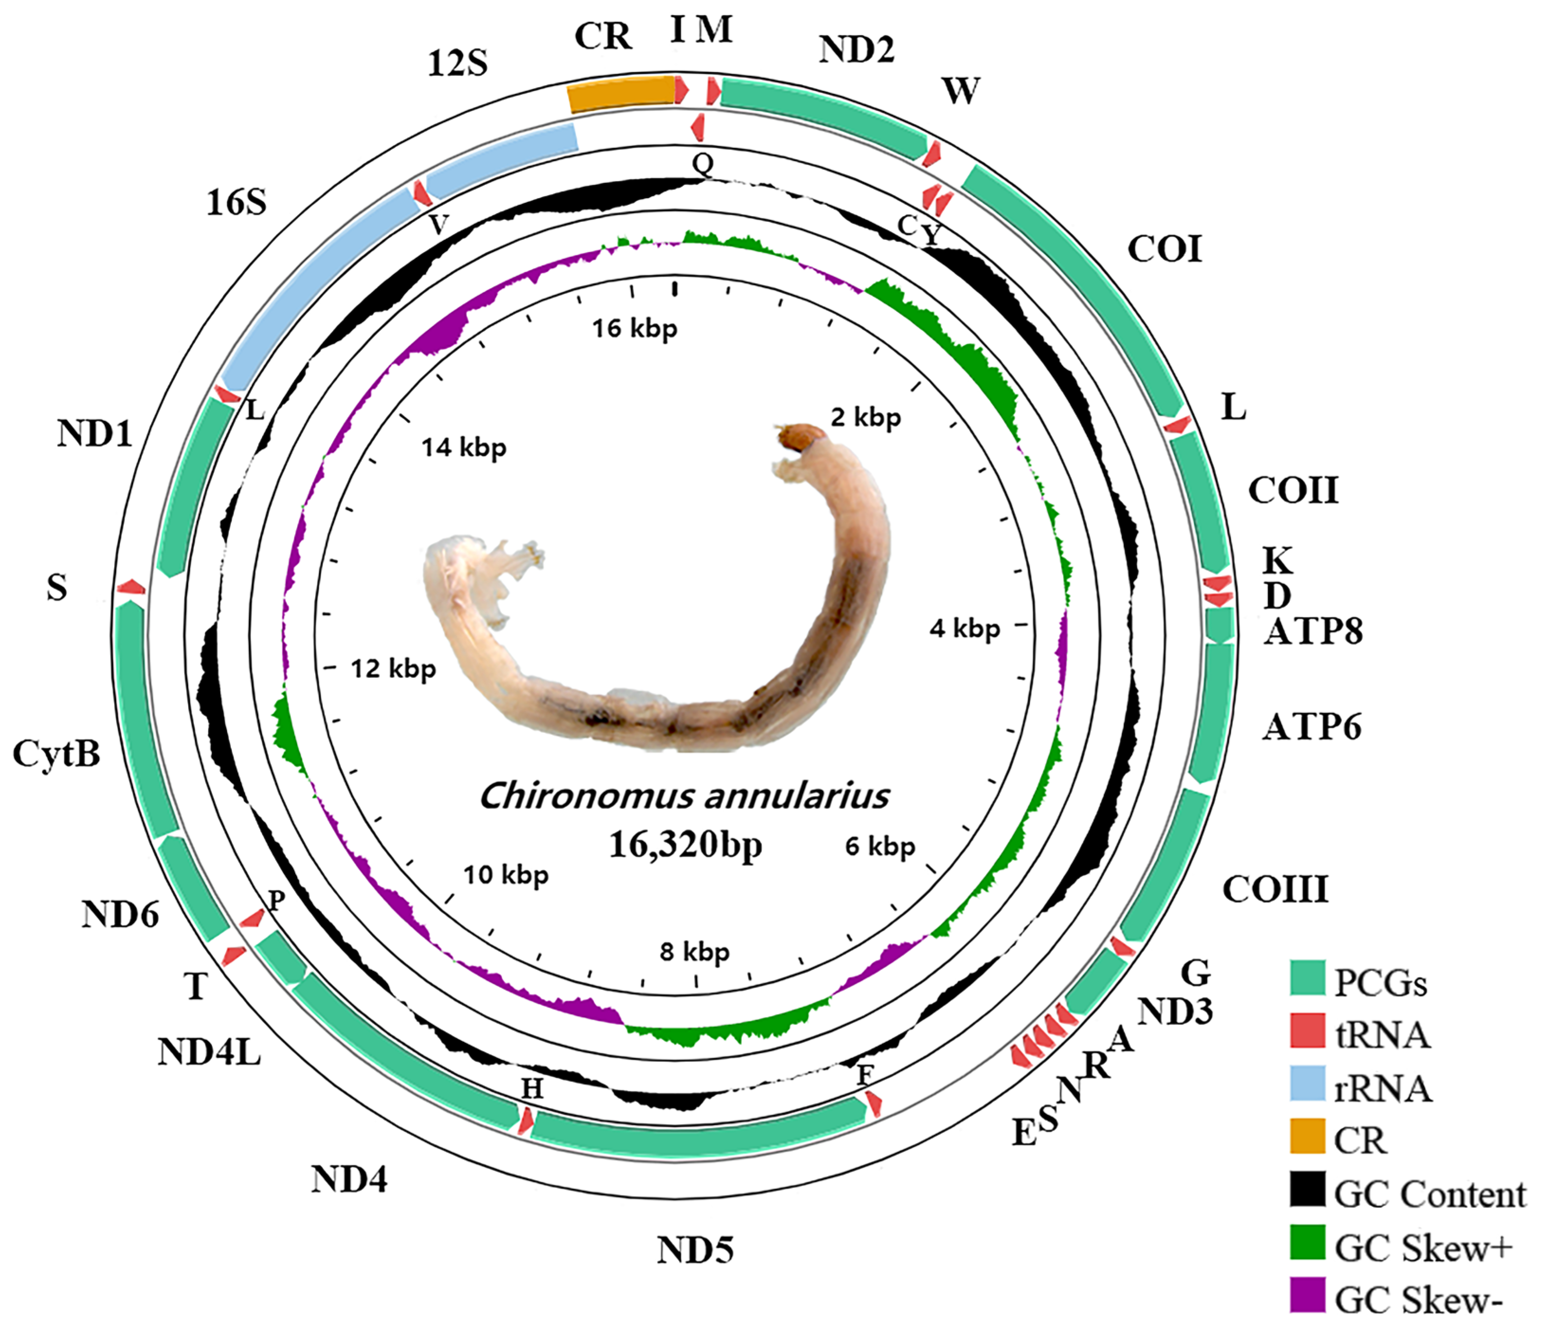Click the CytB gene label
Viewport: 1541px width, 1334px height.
tap(56, 754)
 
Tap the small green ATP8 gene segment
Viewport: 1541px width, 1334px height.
tap(1220, 625)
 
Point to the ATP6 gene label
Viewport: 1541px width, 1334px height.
tap(1312, 727)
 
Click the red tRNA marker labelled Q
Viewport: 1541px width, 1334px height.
tap(698, 128)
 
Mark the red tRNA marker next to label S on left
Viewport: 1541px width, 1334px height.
tap(131, 587)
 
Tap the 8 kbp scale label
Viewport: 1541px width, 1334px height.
tap(694, 951)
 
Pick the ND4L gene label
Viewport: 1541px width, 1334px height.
tap(209, 1052)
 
